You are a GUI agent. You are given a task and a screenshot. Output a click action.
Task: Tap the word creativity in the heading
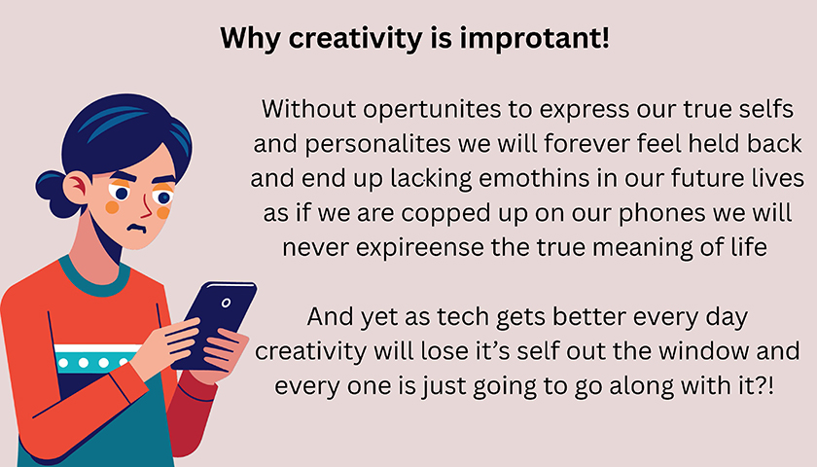[355, 39]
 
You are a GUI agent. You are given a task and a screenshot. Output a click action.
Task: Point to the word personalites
[377, 144]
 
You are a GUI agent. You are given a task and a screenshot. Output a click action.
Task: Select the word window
[704, 350]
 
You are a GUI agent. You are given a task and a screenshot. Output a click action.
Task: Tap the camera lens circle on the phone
[226, 303]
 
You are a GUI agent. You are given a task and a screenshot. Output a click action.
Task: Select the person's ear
[77, 188]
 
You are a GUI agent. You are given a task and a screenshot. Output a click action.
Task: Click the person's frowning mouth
[137, 229]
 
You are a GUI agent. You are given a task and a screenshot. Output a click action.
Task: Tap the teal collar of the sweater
[93, 276]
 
